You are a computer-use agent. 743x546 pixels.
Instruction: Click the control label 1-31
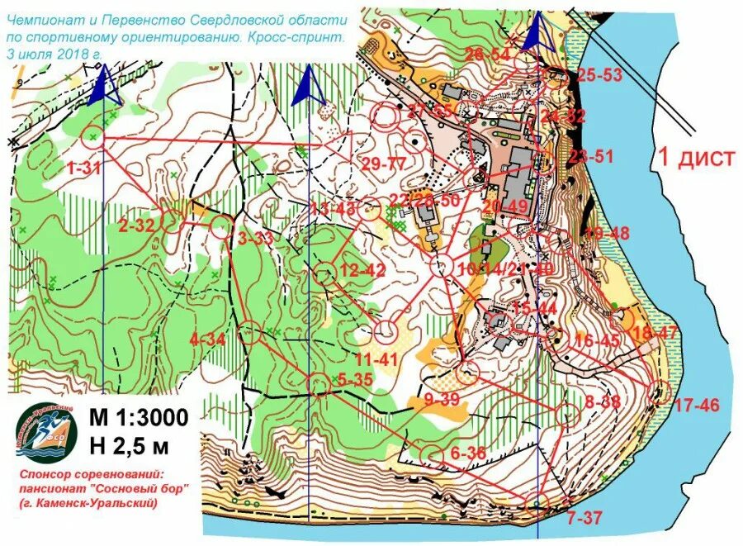pos(83,168)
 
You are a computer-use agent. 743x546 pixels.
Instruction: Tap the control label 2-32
pos(136,225)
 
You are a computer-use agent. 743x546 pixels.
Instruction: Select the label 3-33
pos(256,240)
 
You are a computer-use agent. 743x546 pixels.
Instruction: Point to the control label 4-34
pos(206,339)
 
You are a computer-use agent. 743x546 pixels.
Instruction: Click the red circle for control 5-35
pos(319,384)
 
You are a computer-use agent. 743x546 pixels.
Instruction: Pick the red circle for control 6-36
pos(432,455)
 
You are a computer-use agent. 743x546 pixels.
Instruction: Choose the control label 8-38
pos(602,402)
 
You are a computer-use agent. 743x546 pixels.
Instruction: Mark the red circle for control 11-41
pos(385,331)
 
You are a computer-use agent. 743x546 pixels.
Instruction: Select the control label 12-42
pos(362,270)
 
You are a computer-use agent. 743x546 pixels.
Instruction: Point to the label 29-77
pos(384,163)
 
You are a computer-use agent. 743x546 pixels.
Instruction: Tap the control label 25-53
pos(599,75)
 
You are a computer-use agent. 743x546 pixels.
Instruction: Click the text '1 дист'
pos(693,157)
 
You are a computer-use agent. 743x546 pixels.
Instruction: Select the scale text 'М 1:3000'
pos(138,417)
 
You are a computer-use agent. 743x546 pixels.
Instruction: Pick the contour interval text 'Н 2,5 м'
pos(129,447)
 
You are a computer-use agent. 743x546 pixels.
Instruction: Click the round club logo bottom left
pos(48,432)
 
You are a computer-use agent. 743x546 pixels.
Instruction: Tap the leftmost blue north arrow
pos(105,86)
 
